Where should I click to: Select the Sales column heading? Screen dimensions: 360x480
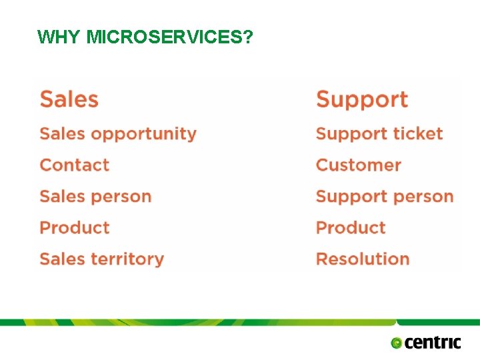69,99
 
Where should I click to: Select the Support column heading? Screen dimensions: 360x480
361,99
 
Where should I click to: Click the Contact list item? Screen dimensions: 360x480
74,165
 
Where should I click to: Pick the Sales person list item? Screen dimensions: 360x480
95,196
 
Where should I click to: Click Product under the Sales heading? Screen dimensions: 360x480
74,227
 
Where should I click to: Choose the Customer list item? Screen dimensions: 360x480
358,165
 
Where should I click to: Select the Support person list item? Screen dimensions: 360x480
384,197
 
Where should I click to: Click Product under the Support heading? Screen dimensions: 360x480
351,227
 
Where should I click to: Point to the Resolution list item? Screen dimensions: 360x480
362,259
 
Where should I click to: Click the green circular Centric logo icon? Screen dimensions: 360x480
397,343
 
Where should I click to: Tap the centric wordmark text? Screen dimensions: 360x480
433,343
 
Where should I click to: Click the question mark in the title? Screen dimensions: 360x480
248,37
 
